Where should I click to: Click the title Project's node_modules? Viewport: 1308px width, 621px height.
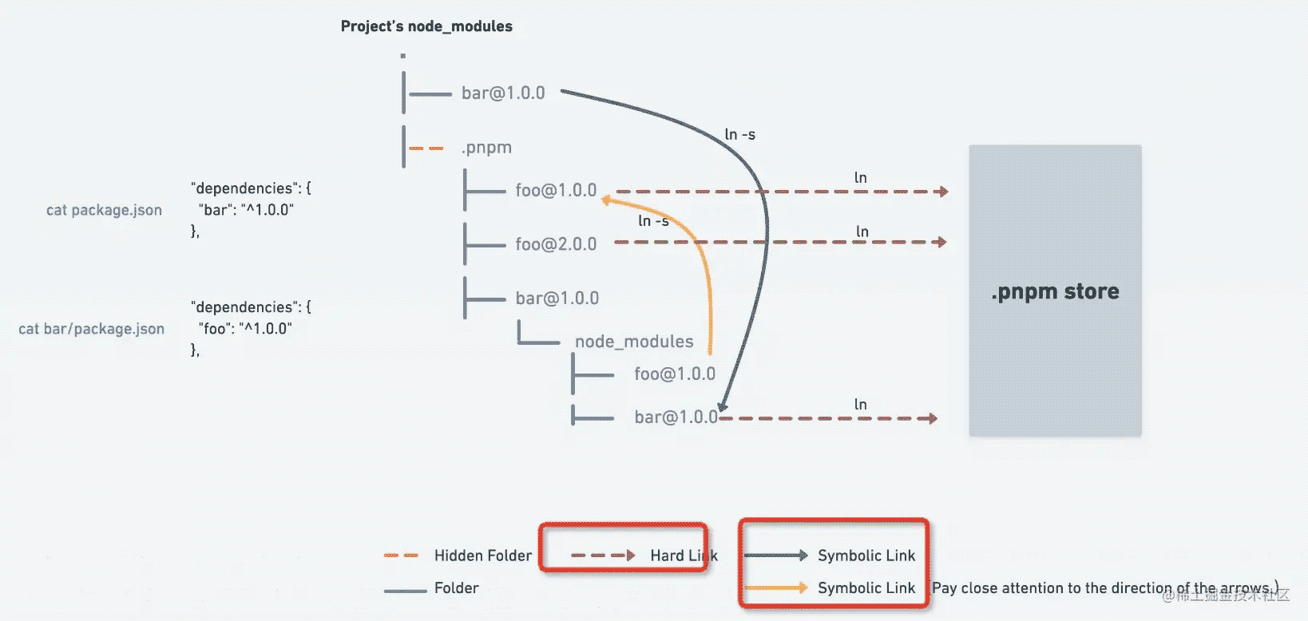click(426, 26)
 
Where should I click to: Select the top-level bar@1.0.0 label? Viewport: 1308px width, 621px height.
click(503, 93)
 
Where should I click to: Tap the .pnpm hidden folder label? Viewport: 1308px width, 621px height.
click(486, 148)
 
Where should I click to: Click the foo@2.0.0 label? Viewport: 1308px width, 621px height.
click(556, 244)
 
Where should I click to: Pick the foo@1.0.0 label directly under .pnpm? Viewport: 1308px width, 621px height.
click(556, 191)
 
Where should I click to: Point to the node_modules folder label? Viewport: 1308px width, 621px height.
click(634, 342)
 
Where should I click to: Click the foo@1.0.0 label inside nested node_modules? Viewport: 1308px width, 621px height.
click(675, 374)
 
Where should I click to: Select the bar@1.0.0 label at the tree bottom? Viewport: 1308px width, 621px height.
click(676, 417)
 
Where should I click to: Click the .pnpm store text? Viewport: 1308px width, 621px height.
click(1055, 291)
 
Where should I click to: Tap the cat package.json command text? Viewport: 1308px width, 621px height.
click(104, 210)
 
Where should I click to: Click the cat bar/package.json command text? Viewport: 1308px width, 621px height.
click(92, 329)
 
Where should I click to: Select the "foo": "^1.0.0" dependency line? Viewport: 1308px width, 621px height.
click(246, 329)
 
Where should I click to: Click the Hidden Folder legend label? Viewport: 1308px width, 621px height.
click(482, 556)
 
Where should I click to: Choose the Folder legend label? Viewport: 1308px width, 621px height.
click(456, 588)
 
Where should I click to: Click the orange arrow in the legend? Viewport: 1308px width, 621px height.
click(775, 588)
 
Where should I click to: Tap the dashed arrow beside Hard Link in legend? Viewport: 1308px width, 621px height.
click(603, 556)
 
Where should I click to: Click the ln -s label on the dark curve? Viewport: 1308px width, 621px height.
click(739, 135)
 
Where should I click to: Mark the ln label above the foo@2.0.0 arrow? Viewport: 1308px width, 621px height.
click(862, 232)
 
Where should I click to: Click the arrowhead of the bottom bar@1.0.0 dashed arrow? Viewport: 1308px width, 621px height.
click(931, 418)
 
